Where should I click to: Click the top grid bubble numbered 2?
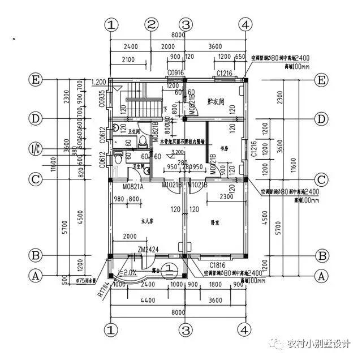[x=150, y=25]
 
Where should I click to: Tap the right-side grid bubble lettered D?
[x=322, y=119]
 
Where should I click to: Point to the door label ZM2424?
[x=148, y=250]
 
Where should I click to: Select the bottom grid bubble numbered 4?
[x=244, y=328]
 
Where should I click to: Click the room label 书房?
[x=225, y=149]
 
